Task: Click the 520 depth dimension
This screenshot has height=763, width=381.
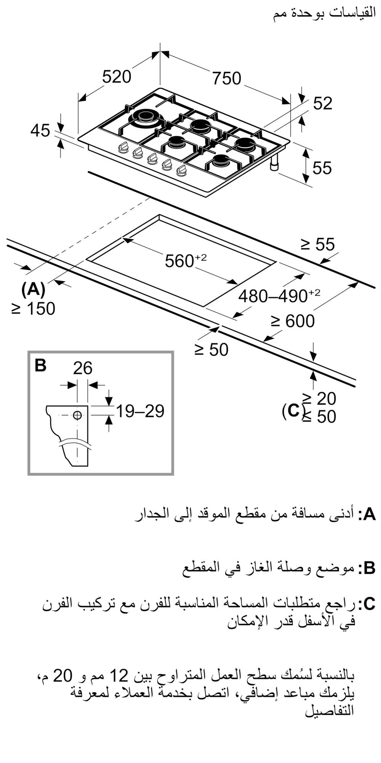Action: tap(117, 77)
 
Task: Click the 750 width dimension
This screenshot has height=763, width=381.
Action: tap(227, 79)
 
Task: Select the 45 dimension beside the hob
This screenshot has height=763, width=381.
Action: tap(40, 130)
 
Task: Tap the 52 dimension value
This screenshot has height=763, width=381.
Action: tap(323, 103)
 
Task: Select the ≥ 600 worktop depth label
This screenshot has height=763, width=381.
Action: tap(293, 321)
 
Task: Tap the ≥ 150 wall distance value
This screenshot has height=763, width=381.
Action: tap(34, 309)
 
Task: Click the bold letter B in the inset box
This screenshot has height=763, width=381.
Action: tap(40, 365)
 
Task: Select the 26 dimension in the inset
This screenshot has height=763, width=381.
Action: tap(83, 368)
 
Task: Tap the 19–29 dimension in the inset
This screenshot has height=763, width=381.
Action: tap(140, 411)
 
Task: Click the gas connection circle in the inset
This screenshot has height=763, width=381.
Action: tap(77, 415)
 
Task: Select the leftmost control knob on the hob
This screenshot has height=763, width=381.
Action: tap(123, 147)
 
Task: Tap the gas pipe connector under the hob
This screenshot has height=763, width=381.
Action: tap(274, 164)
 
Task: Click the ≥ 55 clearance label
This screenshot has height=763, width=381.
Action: tap(318, 244)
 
